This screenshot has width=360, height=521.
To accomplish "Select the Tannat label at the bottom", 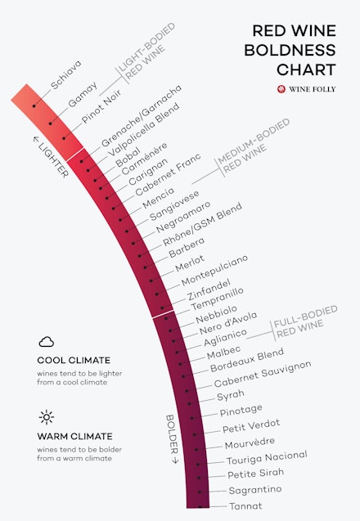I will click(245, 506).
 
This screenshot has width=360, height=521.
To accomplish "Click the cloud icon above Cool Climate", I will click(46, 342).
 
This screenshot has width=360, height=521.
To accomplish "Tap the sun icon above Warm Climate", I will click(46, 417).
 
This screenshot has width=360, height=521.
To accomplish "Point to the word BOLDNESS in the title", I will click(296, 50).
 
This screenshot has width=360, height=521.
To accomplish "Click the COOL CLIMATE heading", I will click(74, 360).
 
